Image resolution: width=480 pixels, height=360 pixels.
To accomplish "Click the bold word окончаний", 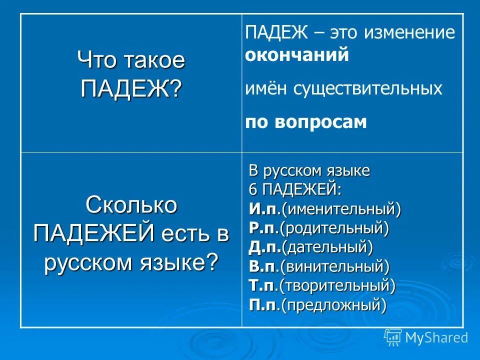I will tap(296, 55).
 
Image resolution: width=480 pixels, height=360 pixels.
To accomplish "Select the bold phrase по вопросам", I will tap(306, 122).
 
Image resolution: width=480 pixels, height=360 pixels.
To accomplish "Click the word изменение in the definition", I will tap(409, 33).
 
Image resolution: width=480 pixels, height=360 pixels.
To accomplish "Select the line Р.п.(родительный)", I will tap(319, 228).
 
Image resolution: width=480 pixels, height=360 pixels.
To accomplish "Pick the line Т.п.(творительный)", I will tap(322, 285).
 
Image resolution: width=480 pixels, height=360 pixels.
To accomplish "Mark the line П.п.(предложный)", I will tap(317, 304).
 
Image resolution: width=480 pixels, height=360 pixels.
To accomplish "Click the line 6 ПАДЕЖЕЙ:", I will tap(295, 190).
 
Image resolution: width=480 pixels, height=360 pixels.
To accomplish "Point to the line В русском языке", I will tap(309, 171).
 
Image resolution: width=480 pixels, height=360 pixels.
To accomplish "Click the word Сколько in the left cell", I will tap(131, 205).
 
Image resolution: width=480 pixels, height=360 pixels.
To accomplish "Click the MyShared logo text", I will tap(436, 337).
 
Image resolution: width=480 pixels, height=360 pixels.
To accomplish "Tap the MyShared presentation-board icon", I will tap(393, 337).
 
